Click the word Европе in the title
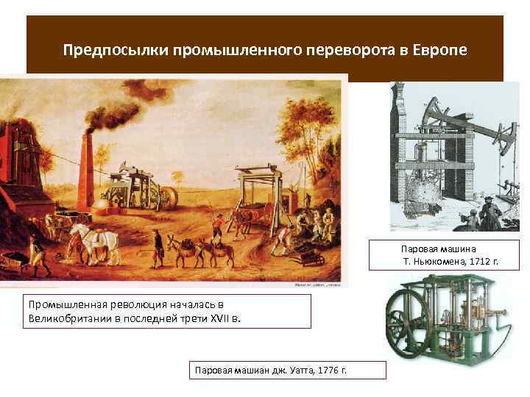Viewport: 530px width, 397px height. tap(439, 51)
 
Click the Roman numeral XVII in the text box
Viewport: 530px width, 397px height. tap(213, 318)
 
